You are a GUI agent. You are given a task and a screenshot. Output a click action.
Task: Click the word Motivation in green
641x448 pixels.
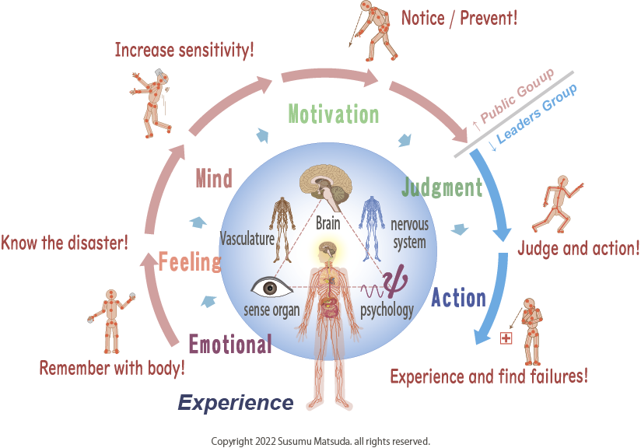[334, 114]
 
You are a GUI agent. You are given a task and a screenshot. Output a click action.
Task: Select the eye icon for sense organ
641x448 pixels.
[268, 288]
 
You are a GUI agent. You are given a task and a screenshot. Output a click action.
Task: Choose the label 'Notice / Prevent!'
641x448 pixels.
[459, 17]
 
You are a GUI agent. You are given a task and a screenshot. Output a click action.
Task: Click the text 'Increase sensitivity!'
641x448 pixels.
[184, 51]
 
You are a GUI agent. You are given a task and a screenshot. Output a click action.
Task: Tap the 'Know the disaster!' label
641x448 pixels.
[65, 243]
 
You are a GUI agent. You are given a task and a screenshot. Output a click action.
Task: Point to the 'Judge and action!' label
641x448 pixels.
[578, 249]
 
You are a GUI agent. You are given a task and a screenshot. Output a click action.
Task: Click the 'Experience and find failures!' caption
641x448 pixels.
[489, 376]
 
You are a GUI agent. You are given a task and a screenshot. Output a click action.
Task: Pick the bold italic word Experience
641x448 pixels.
[236, 402]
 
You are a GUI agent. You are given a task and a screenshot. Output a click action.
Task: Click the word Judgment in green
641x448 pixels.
[442, 187]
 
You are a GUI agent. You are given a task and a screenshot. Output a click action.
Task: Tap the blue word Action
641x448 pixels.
[458, 297]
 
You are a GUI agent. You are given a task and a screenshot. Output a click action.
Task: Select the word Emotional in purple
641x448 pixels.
[230, 343]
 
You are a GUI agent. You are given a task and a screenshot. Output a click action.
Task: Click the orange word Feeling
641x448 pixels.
[190, 262]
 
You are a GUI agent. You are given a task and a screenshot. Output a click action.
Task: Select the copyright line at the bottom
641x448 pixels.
[320, 441]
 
